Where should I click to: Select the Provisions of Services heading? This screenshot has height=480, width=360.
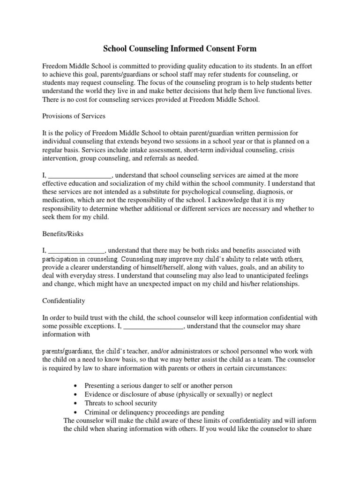[x=74, y=116]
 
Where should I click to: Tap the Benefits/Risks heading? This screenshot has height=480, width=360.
[x=63, y=234]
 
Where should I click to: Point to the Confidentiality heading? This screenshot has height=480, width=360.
[x=64, y=300]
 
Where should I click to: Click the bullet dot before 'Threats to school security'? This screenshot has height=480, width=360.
[x=76, y=403]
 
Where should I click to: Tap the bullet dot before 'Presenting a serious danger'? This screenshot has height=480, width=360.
[x=76, y=385]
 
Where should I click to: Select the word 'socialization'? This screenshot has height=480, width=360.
[x=128, y=183]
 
